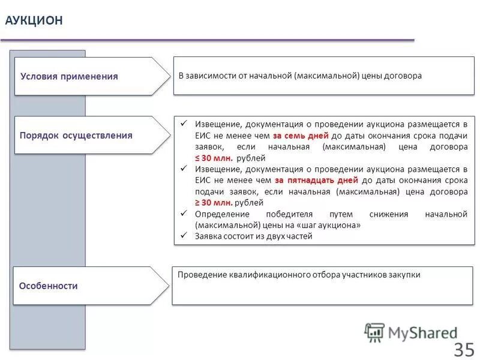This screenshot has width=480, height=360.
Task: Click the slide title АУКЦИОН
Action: click(34, 20)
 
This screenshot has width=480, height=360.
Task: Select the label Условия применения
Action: click(69, 76)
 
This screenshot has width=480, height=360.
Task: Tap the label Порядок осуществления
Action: click(76, 135)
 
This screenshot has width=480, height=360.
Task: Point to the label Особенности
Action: click(49, 286)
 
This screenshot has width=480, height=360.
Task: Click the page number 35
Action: click(464, 349)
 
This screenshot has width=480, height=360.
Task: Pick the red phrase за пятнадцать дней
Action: click(316, 180)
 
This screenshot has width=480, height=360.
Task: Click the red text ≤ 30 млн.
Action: click(214, 158)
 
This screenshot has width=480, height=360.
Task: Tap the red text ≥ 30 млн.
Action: click(214, 203)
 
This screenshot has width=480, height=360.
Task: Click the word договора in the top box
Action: click(404, 76)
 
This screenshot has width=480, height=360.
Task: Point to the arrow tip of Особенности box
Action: click(168, 286)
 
